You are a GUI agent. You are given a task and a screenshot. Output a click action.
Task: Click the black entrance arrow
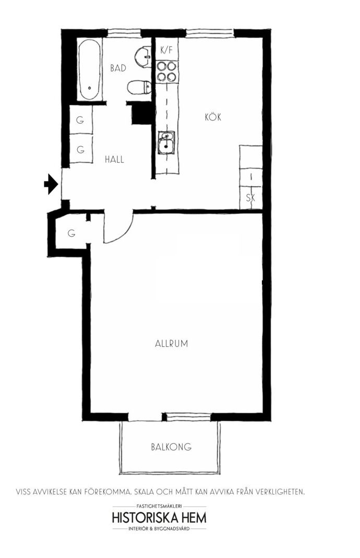[51, 184]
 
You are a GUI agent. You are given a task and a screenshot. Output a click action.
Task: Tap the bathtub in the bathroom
[89, 70]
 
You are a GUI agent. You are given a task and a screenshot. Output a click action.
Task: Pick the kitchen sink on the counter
[166, 142]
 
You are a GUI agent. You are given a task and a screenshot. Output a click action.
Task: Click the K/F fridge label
[166, 50]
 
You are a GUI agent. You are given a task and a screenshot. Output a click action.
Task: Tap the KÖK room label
[213, 117]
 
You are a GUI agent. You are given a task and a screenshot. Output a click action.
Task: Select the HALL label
[114, 159]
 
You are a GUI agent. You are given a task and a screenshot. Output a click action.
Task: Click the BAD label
[118, 68]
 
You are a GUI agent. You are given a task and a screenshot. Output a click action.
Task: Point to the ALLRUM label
[171, 344]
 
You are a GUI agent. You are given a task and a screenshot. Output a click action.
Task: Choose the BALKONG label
[171, 446]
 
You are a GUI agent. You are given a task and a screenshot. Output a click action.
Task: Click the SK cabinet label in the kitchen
[250, 198]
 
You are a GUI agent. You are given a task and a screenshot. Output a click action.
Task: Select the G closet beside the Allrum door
[71, 234]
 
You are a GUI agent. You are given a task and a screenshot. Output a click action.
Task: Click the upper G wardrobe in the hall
[80, 120]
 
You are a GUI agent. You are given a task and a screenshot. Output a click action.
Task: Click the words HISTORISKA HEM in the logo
[159, 517]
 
